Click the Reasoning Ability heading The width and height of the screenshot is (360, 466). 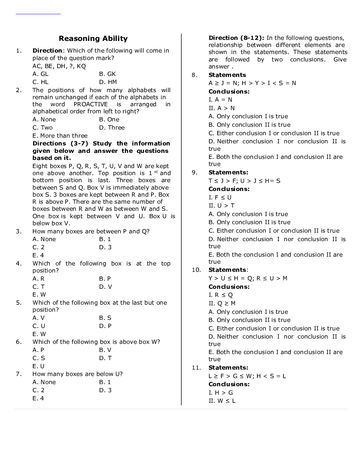(93, 38)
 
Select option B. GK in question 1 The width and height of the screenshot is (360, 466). (107, 74)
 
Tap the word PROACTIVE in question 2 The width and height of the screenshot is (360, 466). (91, 104)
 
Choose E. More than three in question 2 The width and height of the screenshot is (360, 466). (60, 136)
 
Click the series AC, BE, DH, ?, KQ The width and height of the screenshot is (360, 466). (59, 66)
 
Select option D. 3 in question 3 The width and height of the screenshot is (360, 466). (105, 247)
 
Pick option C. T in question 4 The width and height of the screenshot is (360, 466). (38, 287)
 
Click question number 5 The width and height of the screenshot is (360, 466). (19, 303)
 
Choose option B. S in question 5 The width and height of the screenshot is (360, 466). (105, 318)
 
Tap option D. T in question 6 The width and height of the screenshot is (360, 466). (105, 358)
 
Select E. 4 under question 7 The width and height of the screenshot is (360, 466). (38, 398)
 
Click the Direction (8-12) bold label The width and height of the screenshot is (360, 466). (236, 38)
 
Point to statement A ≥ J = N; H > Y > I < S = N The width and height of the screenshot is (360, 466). (252, 83)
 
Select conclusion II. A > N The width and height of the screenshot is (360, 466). (222, 108)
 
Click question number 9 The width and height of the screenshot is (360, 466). (194, 172)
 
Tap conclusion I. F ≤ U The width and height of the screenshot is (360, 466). (220, 197)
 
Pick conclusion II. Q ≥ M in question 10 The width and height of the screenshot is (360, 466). (222, 303)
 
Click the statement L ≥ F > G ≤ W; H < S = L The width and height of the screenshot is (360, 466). (247, 376)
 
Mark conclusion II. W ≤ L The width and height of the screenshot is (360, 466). (222, 401)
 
